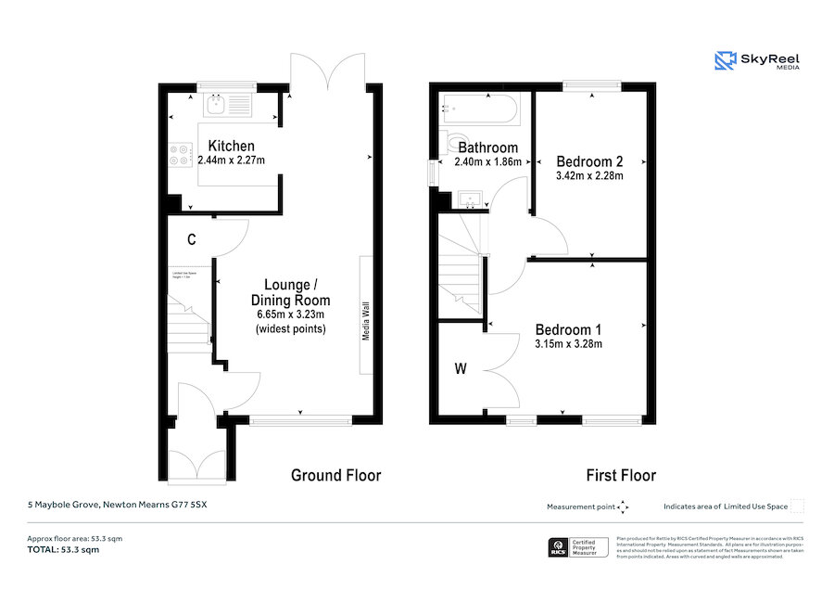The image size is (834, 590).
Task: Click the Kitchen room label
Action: (x=231, y=146)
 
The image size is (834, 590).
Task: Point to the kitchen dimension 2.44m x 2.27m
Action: (x=231, y=160)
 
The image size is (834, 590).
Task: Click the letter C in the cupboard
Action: (x=191, y=239)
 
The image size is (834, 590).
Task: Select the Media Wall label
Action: (x=366, y=320)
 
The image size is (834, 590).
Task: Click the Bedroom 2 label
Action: (x=588, y=160)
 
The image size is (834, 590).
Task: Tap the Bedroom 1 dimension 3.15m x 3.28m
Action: (x=568, y=344)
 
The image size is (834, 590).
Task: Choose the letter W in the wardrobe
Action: (x=461, y=369)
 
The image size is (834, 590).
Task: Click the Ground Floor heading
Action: (x=335, y=475)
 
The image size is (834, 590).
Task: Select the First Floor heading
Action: (x=620, y=475)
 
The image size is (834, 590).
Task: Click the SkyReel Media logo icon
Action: (x=724, y=61)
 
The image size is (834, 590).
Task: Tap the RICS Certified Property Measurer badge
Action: (x=578, y=547)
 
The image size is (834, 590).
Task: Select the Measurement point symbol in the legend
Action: (x=623, y=507)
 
